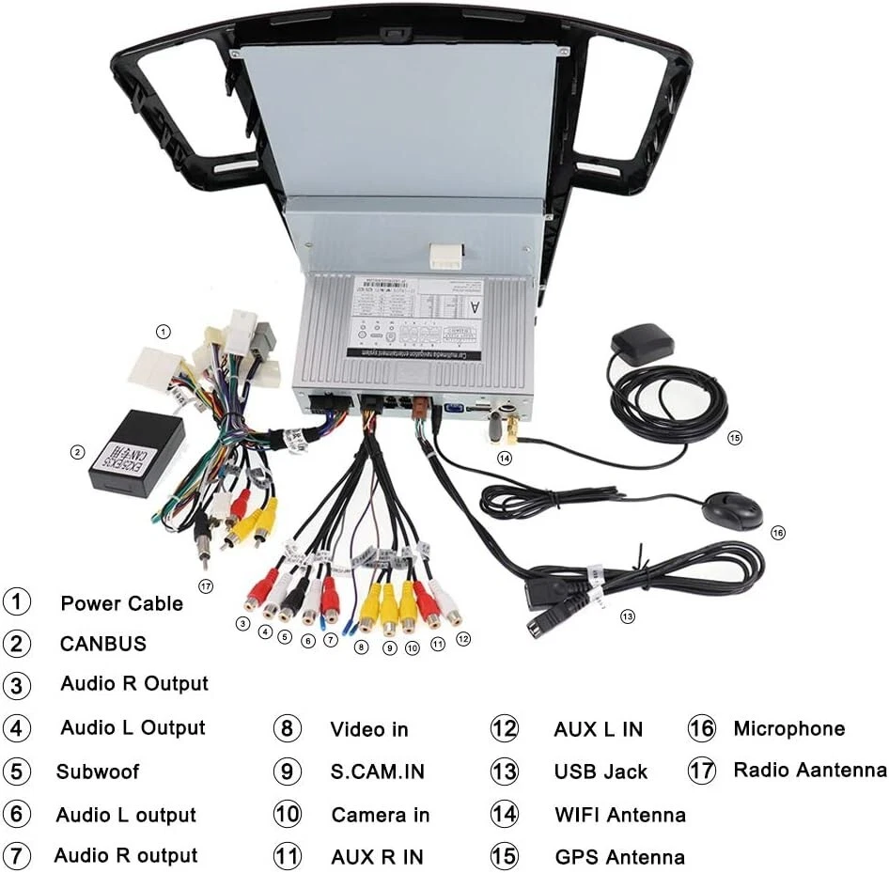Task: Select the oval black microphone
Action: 732,510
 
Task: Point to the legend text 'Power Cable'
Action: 122,603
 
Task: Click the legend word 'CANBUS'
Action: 103,644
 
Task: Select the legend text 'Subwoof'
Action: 98,772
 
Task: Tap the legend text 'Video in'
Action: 369,729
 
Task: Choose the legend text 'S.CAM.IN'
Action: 377,772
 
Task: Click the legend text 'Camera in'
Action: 381,815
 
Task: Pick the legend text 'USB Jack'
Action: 600,772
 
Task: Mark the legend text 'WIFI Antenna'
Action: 619,815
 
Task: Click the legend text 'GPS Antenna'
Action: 619,857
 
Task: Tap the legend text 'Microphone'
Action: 789,728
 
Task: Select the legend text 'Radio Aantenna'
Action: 810,771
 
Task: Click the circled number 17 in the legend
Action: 702,771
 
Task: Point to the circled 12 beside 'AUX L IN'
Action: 505,729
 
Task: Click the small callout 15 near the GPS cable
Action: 734,437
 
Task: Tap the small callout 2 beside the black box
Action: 77,452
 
